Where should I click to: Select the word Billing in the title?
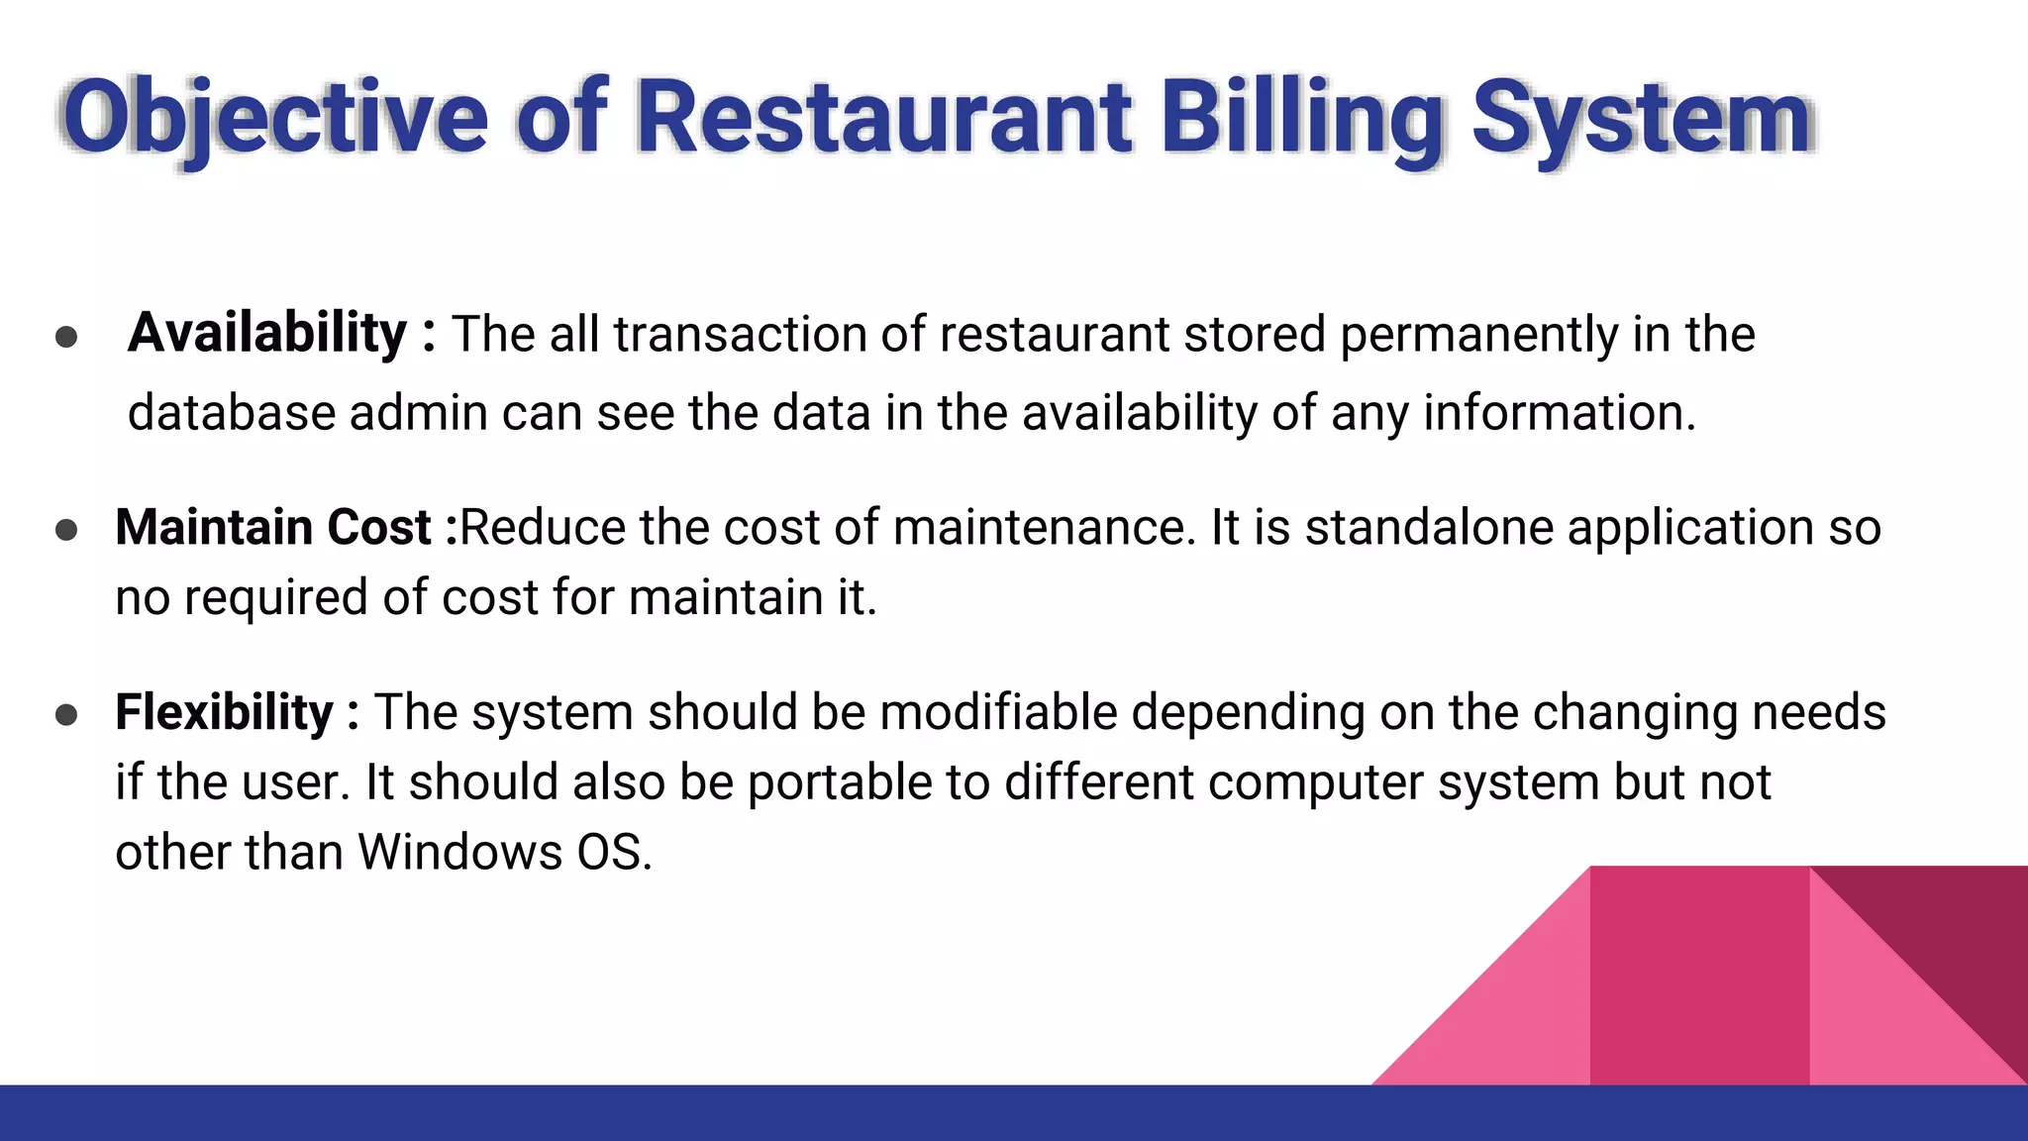(x=1301, y=119)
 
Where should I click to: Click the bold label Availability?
(x=267, y=333)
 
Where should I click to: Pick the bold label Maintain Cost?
(x=273, y=527)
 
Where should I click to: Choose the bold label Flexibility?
(x=225, y=712)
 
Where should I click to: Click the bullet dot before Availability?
(x=66, y=337)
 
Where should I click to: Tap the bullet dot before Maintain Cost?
(x=66, y=530)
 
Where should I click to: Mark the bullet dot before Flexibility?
(x=66, y=715)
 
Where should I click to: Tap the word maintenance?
(x=1039, y=527)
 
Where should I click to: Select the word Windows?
(x=459, y=852)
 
